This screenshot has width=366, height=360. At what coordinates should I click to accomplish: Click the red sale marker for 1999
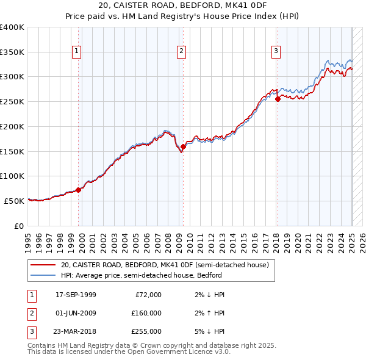pyautogui.click(x=79, y=190)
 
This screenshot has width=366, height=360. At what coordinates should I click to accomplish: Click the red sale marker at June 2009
pyautogui.click(x=183, y=146)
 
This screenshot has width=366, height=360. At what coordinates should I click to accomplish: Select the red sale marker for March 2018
pyautogui.click(x=278, y=98)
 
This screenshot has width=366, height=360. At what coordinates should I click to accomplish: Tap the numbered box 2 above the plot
pyautogui.click(x=182, y=51)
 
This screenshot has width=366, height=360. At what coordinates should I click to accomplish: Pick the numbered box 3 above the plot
pyautogui.click(x=276, y=51)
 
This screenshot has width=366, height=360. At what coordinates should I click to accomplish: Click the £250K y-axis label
pyautogui.click(x=12, y=102)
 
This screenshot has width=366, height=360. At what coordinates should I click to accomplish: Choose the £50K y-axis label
pyautogui.click(x=14, y=201)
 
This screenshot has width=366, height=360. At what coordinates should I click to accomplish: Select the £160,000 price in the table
pyautogui.click(x=146, y=313)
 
